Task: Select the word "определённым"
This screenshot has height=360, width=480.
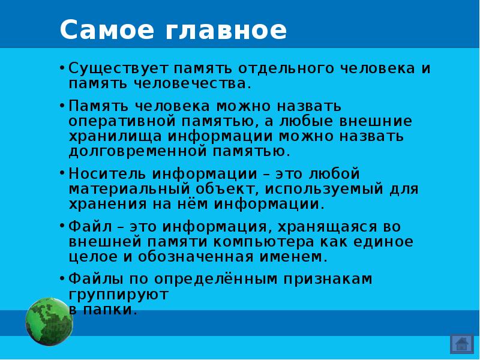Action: coord(221,280)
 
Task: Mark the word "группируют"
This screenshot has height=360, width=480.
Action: coord(119,295)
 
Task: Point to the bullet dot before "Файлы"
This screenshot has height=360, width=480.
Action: coord(62,278)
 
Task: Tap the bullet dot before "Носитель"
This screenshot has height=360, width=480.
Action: coord(62,173)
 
